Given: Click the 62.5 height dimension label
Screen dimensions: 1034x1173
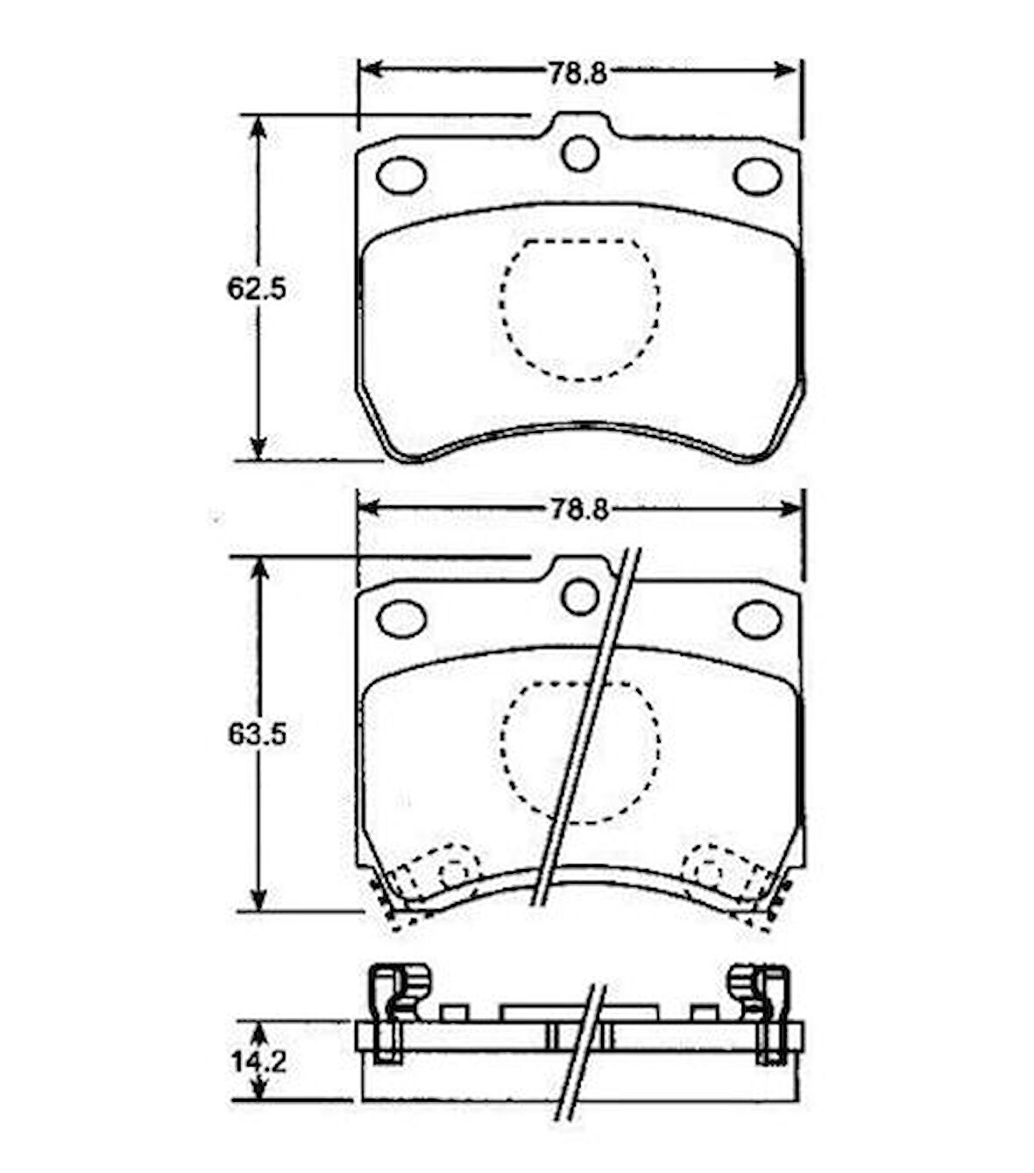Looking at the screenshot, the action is point(257,288).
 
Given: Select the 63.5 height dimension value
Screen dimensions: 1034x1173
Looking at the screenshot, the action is point(258,736).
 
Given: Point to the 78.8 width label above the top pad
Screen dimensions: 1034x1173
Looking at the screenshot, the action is point(578,75).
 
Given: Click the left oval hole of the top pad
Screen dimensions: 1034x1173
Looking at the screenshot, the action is point(401,174).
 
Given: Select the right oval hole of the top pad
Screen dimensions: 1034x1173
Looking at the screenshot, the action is point(758,175).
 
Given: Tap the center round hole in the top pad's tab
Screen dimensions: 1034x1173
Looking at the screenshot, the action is point(580,153).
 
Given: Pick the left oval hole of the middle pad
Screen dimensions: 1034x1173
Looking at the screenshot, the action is point(401,619).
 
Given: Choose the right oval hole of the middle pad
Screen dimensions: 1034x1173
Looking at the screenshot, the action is point(757,620).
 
